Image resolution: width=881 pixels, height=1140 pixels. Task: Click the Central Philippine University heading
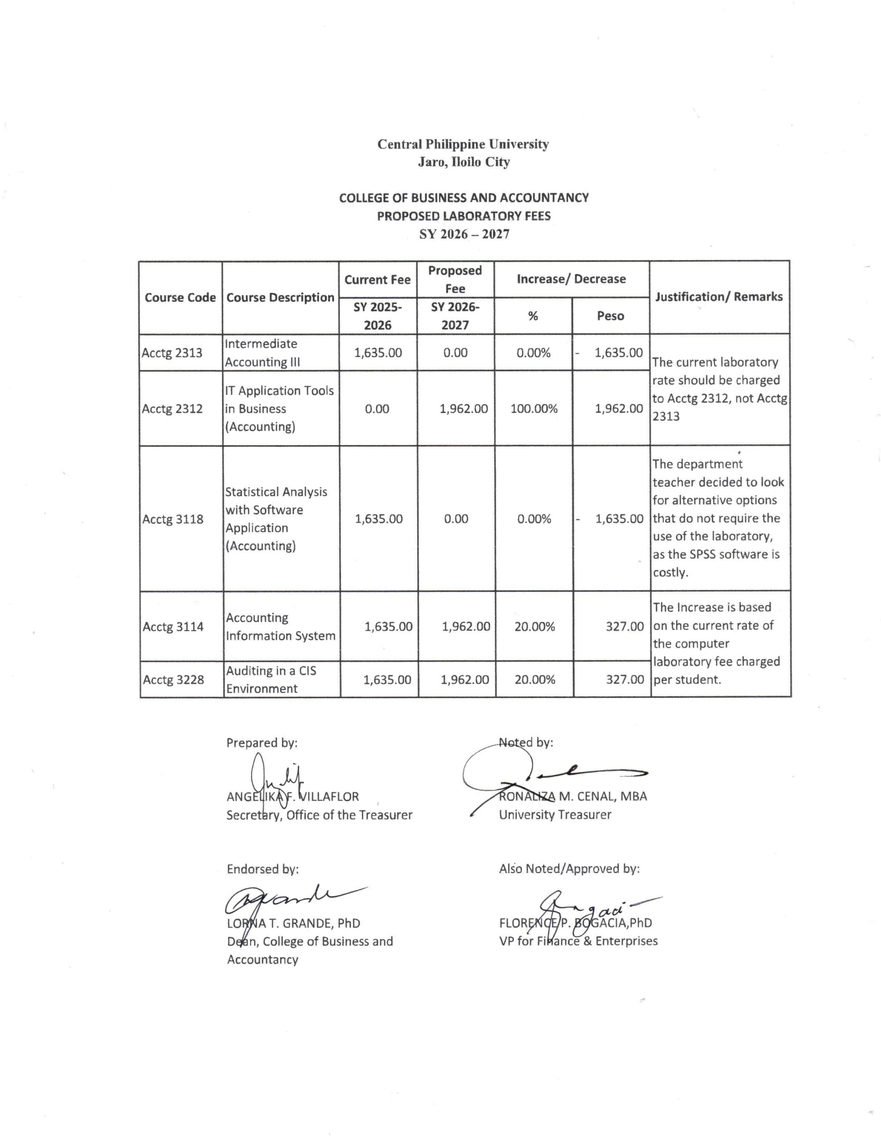(463, 144)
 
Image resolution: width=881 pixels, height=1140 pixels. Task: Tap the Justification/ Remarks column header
(718, 297)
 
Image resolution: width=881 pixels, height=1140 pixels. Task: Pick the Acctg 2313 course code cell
(172, 353)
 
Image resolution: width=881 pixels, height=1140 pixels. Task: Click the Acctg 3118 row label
(173, 519)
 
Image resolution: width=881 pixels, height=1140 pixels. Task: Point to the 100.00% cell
(534, 409)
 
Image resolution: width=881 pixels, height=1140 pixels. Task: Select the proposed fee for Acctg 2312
(463, 409)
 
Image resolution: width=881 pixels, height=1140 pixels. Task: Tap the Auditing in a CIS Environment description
(271, 680)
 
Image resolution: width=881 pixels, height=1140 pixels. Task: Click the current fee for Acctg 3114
(388, 627)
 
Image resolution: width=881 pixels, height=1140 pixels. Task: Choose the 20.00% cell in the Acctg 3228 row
(534, 680)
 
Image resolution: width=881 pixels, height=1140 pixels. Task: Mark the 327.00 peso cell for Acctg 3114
(624, 627)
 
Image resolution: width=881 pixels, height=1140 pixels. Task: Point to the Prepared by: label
(261, 743)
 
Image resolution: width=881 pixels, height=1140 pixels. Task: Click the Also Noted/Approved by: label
(569, 868)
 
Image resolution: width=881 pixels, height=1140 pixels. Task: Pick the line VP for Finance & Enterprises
(578, 941)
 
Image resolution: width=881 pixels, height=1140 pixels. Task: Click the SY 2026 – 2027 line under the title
(464, 234)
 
